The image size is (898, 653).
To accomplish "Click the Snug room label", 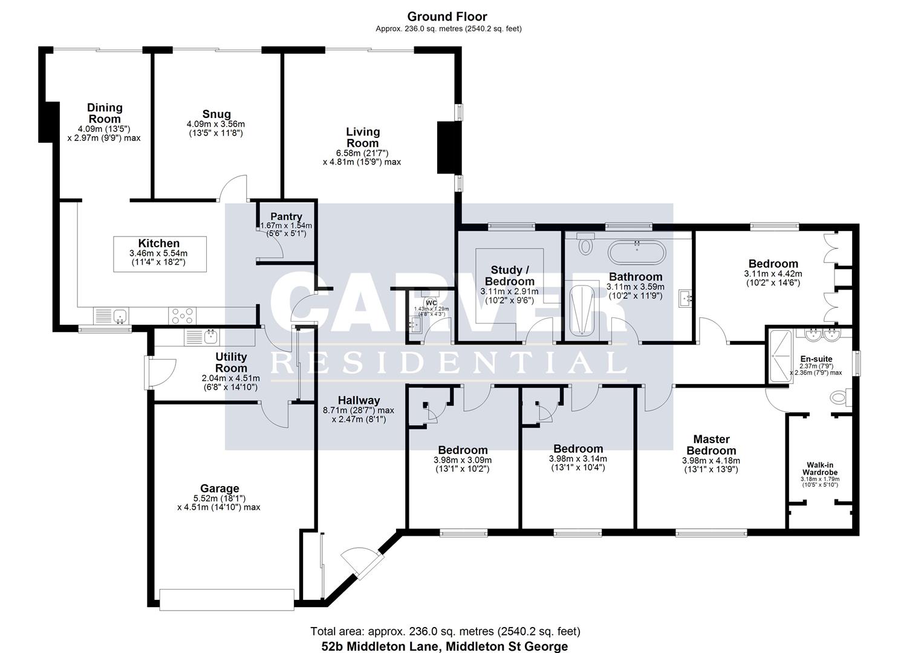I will (216, 114).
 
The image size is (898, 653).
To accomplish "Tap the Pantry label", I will (286, 216).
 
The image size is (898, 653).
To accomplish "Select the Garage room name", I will (220, 489).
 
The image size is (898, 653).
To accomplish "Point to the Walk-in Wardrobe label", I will (820, 469).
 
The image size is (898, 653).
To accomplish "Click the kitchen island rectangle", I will (160, 253).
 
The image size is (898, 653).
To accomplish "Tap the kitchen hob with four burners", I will (182, 316).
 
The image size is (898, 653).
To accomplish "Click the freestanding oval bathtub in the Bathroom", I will (636, 252).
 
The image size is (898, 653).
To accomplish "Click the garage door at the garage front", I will (227, 599).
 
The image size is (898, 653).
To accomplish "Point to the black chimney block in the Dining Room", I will (48, 122).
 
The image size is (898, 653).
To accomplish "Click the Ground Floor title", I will (447, 17).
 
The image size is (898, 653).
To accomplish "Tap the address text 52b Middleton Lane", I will (444, 646).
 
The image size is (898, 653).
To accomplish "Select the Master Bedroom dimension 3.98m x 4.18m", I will (711, 460).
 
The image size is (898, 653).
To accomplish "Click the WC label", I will (431, 302).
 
